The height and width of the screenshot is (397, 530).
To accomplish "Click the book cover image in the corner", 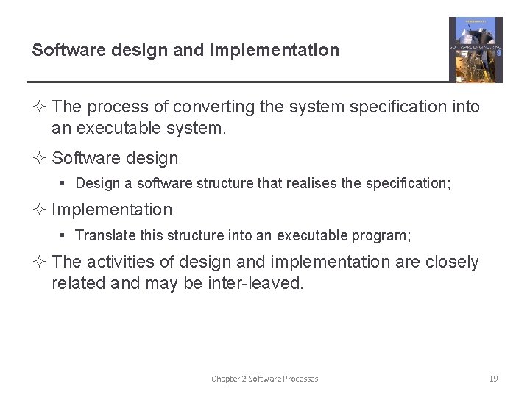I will (x=476, y=49).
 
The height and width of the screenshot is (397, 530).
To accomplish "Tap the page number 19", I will (x=493, y=379).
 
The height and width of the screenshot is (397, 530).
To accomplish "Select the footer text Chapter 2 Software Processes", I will (x=264, y=379).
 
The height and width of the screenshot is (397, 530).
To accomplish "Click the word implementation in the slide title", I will (x=275, y=50).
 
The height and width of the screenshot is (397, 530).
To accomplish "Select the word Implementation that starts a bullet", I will (x=112, y=210).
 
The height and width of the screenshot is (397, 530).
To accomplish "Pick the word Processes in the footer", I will (x=299, y=379).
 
